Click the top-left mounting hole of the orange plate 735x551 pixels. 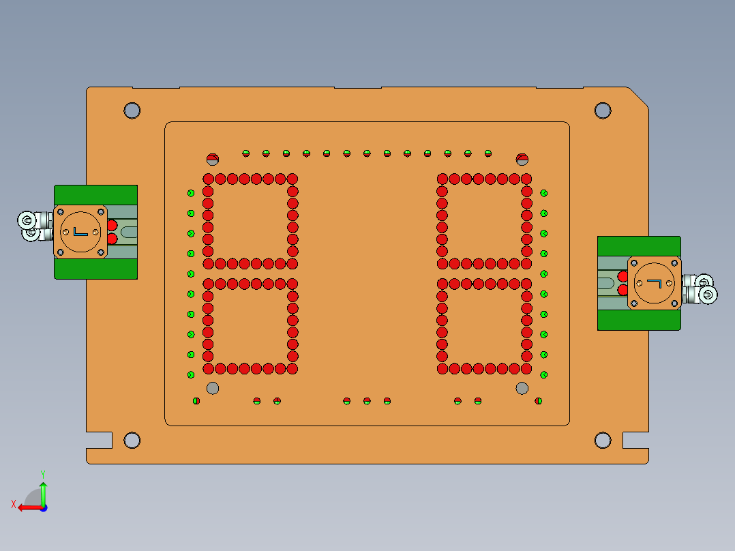[x=132, y=110]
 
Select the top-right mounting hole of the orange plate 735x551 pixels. [x=603, y=110]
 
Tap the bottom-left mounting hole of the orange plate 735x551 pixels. [x=132, y=440]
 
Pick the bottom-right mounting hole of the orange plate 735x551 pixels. [x=603, y=440]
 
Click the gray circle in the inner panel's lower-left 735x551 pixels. [x=213, y=388]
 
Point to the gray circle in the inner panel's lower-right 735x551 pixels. [x=522, y=388]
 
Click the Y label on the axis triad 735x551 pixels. [x=43, y=473]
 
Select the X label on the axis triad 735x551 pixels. [x=13, y=504]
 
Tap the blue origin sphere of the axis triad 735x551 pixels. [x=43, y=507]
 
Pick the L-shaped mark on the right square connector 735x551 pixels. [x=655, y=283]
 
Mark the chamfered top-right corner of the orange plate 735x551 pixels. [x=638, y=96]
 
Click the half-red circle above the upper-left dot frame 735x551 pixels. [x=213, y=160]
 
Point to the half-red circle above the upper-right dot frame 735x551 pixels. [x=522, y=160]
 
